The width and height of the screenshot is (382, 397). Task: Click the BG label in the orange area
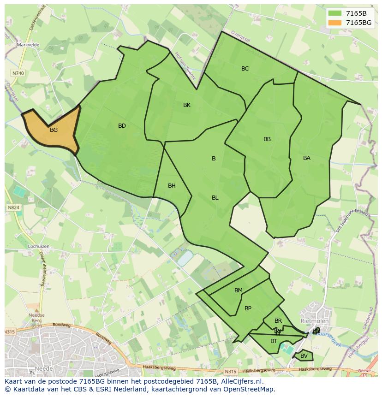pyautogui.click(x=54, y=130)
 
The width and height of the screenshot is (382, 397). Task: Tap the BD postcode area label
pyautogui.click(x=122, y=126)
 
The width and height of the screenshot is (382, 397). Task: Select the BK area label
pyautogui.click(x=187, y=105)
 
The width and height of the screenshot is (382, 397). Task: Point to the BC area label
pyautogui.click(x=245, y=69)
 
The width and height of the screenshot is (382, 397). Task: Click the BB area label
pyautogui.click(x=267, y=139)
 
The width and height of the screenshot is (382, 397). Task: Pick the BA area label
pyautogui.click(x=307, y=158)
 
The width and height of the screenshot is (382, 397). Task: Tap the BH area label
pyautogui.click(x=172, y=186)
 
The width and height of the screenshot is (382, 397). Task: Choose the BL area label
pyautogui.click(x=215, y=198)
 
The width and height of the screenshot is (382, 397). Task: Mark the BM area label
pyautogui.click(x=238, y=290)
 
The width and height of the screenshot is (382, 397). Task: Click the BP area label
pyautogui.click(x=248, y=308)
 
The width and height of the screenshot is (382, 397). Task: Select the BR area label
pyautogui.click(x=278, y=321)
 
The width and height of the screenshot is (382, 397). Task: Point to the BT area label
pyautogui.click(x=274, y=341)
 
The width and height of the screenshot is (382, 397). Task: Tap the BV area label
pyautogui.click(x=304, y=356)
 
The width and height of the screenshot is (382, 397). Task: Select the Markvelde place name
pyautogui.click(x=28, y=45)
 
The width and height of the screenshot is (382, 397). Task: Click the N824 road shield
pyautogui.click(x=13, y=207)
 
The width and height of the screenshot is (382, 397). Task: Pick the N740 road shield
pyautogui.click(x=18, y=73)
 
